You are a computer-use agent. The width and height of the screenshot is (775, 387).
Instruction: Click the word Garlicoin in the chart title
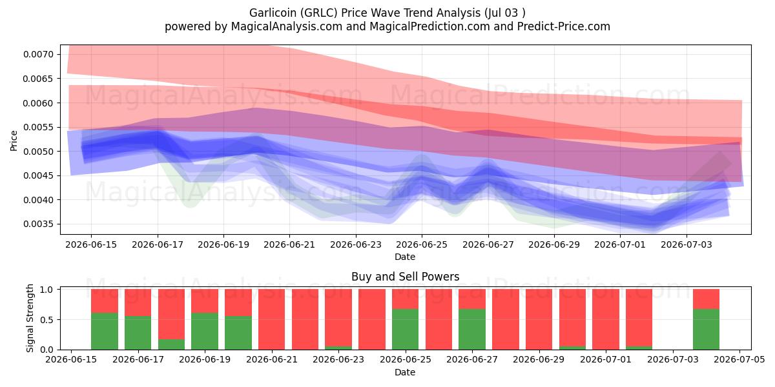tap(273, 13)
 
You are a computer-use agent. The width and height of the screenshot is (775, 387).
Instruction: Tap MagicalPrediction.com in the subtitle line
tap(429, 26)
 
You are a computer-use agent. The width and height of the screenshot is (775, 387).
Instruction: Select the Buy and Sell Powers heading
tap(405, 277)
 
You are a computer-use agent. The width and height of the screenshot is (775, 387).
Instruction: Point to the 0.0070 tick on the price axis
tap(39, 54)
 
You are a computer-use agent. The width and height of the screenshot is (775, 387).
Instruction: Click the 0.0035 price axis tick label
tap(39, 224)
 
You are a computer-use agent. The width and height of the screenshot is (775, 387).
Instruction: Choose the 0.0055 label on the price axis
tap(39, 127)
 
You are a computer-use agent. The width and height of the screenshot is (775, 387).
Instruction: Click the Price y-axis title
tap(14, 141)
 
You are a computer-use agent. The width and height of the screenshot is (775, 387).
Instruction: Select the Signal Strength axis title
tap(30, 318)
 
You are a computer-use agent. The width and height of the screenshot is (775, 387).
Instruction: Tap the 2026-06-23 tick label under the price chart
tap(356, 244)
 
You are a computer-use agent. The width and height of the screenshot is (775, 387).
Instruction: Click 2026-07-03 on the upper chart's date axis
tap(687, 244)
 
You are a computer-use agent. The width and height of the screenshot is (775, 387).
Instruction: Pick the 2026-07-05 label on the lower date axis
tap(739, 360)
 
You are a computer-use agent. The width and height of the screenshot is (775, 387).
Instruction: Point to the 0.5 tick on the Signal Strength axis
tap(46, 320)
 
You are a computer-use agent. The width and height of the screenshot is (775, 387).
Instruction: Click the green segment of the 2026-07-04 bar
tap(706, 330)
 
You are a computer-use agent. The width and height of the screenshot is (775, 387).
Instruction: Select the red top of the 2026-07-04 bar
tap(706, 299)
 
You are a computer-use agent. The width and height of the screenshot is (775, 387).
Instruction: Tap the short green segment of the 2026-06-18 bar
tap(172, 344)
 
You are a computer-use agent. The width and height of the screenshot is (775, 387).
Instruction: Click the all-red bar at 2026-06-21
tap(272, 319)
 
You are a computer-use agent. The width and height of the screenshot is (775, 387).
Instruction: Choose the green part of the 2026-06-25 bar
tap(405, 330)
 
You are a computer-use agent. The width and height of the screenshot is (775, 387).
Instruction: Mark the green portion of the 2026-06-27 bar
tap(472, 330)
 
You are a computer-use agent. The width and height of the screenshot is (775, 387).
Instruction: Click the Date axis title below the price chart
tap(405, 257)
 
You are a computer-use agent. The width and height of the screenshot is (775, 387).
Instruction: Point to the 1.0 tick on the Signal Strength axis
tap(46, 290)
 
